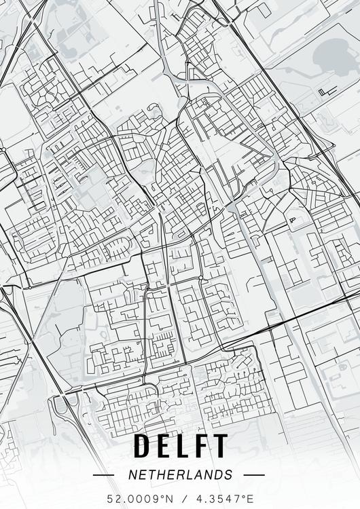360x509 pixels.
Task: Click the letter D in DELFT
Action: (143, 446)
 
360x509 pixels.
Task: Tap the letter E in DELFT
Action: (165, 446)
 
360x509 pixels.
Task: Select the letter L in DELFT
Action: (184, 446)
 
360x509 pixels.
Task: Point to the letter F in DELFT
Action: (202, 446)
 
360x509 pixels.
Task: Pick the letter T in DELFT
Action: (220, 446)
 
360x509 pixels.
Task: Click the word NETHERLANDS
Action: (180, 475)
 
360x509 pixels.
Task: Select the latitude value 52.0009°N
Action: (139, 499)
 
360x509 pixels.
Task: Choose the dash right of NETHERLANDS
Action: (253, 475)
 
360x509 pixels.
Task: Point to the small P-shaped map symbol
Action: (293, 219)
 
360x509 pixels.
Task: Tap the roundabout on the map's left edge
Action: (3, 149)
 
